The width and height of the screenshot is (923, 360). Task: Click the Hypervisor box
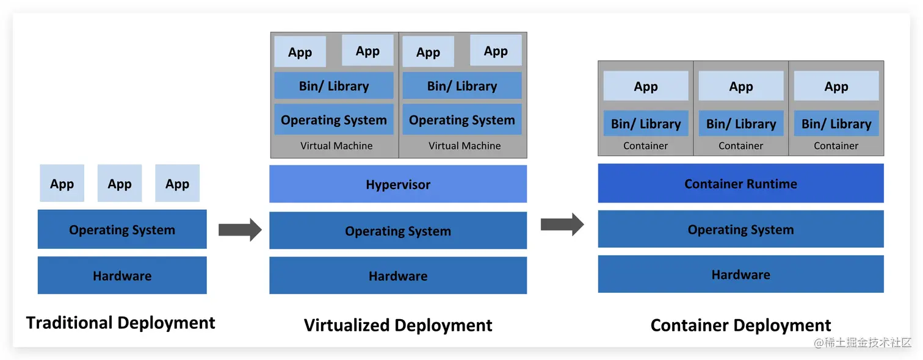tap(398, 184)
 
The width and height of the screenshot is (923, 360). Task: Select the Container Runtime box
tap(740, 183)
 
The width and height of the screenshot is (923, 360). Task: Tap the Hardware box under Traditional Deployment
tap(122, 275)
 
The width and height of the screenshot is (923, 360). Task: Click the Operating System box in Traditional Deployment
tap(122, 229)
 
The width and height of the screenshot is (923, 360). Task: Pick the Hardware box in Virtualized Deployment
tap(398, 276)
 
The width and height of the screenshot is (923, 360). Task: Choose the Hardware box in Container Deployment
tap(740, 274)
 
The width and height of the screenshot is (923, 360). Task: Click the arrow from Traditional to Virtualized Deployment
tap(240, 229)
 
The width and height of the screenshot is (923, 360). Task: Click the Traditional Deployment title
tap(121, 322)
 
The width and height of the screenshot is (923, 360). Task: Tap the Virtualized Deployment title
tap(398, 325)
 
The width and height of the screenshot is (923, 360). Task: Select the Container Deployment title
tap(740, 325)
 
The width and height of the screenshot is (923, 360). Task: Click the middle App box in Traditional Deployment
tap(120, 183)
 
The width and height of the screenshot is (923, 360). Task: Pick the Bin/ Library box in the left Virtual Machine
tap(334, 85)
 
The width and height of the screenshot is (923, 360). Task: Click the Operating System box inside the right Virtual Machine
tap(462, 120)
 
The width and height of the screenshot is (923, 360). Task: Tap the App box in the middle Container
tap(741, 86)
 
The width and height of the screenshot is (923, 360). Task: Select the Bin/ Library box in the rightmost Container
tap(836, 123)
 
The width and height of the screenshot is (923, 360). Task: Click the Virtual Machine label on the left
tap(336, 146)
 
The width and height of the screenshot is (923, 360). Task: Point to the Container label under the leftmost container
tap(645, 146)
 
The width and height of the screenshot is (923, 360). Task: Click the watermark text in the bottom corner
tap(862, 342)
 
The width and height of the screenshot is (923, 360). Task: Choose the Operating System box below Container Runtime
tap(740, 229)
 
